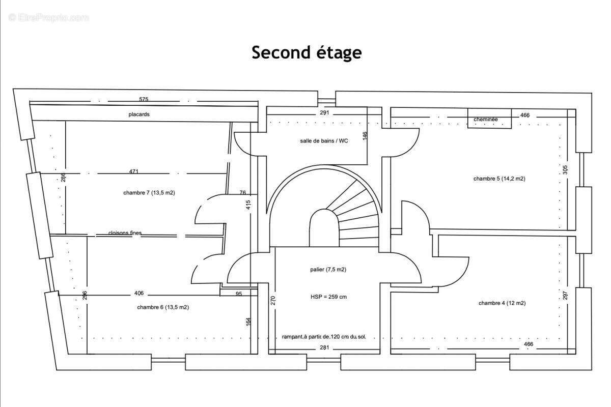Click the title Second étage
[x=307, y=52]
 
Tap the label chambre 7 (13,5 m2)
[x=149, y=193]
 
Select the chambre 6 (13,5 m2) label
[x=163, y=307]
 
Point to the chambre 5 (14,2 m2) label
[x=499, y=179]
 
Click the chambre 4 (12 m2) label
[x=502, y=303]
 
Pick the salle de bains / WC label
[x=324, y=141]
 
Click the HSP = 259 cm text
[x=328, y=297]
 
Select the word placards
[x=139, y=114]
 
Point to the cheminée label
[x=485, y=120]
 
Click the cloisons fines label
[x=125, y=233]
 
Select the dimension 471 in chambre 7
[x=133, y=171]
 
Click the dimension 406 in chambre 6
[x=138, y=293]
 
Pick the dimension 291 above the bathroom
[x=324, y=112]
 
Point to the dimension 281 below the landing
[x=324, y=348]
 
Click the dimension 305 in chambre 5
[x=566, y=169]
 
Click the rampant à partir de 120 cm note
[x=324, y=337]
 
